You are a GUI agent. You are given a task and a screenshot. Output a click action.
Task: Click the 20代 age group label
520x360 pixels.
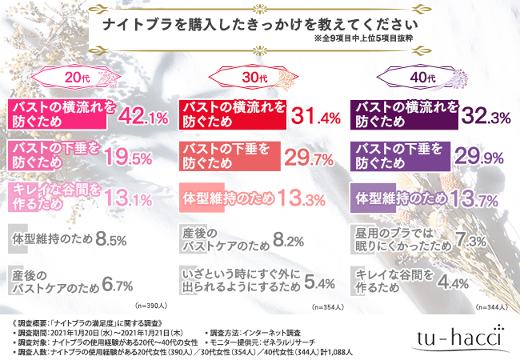pyautogui.click(x=70, y=78)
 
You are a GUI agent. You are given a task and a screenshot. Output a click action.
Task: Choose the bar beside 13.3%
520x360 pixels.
pyautogui.click(x=230, y=197)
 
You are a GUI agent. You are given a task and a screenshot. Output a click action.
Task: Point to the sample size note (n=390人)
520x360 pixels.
pyautogui.click(x=153, y=306)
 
